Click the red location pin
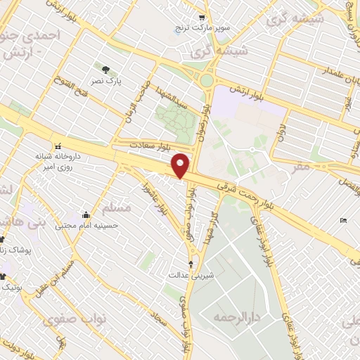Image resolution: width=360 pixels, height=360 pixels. coord(181,165)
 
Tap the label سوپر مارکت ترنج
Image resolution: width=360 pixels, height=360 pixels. coord(211,28)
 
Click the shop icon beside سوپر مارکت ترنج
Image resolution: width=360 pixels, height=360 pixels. coord(202,18)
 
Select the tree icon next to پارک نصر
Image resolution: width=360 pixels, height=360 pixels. coord(105,70)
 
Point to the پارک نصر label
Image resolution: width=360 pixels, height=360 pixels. coord(105,82)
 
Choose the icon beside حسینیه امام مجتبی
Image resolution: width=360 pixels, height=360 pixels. coord(86,214)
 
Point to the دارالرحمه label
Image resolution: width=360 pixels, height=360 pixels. coord(240,318)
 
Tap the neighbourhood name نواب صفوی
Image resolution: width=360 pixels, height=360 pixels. coord(69,320)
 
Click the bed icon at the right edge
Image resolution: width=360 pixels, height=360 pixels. coord(343,221)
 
